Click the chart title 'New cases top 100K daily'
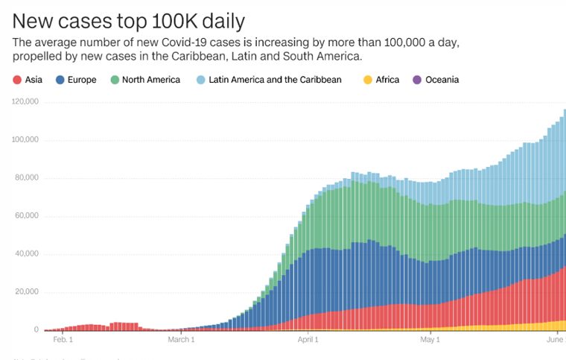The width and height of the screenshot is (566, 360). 129,19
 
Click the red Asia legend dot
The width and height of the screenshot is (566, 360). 17,80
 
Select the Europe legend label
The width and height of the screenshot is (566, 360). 81,80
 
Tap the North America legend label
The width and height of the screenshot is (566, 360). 151,80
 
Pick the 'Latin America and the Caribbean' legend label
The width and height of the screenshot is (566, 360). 276,80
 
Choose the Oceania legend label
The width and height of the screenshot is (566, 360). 442,80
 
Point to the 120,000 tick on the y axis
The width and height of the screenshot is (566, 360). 25,102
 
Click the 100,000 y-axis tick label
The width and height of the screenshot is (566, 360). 25,140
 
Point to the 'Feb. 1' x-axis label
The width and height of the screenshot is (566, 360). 63,340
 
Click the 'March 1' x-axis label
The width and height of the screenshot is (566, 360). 181,340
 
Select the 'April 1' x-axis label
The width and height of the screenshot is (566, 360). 307,340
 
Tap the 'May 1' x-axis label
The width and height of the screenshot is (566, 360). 430,340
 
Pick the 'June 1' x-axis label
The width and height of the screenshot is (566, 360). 555,340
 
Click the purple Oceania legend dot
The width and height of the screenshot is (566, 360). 416,80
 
